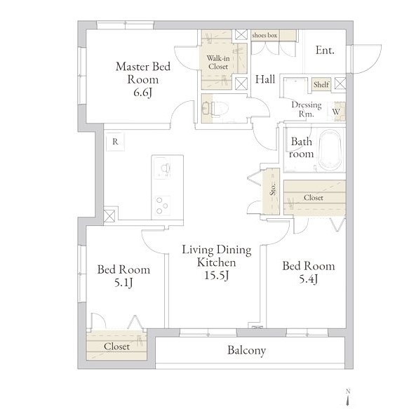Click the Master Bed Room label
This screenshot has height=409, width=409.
pos(143,79)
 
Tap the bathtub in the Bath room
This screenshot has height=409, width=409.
pos(330,150)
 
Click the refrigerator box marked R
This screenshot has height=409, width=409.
pos(115,142)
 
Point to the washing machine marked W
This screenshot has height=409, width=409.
pos(336,112)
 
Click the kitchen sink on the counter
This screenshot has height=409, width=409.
pos(162,168)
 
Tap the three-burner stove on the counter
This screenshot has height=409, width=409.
pos(162,206)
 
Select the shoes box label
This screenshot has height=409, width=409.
pos(264,35)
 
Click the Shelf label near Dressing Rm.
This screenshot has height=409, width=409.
pos(321,84)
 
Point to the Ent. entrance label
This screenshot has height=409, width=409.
pos(325,50)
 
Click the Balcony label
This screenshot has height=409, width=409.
pos(246,350)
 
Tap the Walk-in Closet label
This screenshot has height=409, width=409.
pos(218,62)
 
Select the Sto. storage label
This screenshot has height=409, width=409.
pos(273,189)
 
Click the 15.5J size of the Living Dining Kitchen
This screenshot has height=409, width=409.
pos(217,275)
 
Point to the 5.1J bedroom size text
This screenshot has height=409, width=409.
pos(123,283)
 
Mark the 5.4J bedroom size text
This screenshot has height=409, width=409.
pos(308,279)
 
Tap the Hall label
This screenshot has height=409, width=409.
pos(265,79)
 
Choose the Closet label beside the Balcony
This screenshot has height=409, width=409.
pos(116,347)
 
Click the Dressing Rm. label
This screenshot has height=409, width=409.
pos(307,109)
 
